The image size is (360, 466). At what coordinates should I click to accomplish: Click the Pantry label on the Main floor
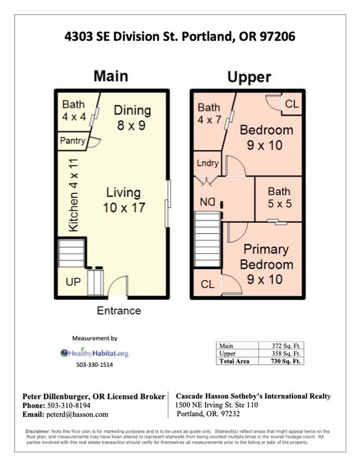(x=73, y=141)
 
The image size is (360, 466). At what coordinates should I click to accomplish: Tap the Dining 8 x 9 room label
(x=132, y=117)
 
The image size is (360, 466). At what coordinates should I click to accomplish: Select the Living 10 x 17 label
(x=124, y=200)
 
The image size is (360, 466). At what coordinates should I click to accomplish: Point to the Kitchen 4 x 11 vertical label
(x=72, y=194)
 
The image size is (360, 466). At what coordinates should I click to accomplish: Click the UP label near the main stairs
(x=73, y=282)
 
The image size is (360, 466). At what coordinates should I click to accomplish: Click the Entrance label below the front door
(x=119, y=311)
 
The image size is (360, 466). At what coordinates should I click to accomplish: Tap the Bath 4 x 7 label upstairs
(x=209, y=113)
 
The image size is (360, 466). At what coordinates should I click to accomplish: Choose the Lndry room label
(x=208, y=163)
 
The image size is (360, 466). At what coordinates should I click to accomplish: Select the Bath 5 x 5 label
(x=279, y=197)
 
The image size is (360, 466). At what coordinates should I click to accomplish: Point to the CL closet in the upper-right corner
(x=292, y=104)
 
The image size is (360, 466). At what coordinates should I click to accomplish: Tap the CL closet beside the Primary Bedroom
(x=208, y=284)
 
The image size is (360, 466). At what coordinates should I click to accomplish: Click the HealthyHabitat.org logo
(x=94, y=352)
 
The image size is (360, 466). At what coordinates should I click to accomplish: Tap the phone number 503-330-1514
(x=94, y=365)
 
